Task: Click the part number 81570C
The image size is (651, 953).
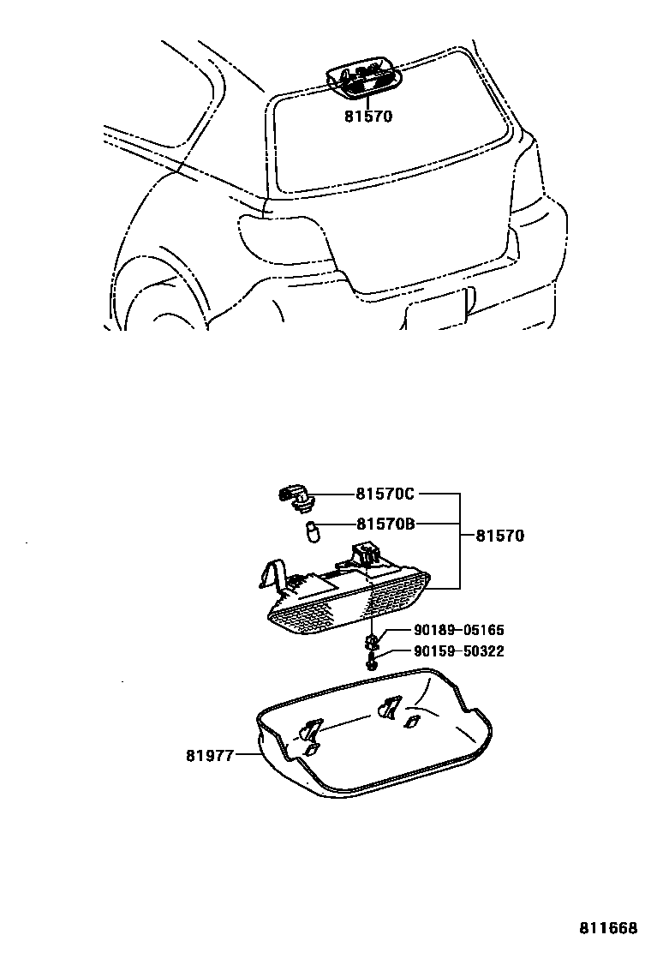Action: click(x=385, y=494)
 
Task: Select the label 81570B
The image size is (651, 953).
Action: click(x=385, y=524)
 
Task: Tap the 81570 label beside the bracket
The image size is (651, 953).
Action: click(x=499, y=536)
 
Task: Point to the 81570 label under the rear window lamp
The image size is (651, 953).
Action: click(x=368, y=116)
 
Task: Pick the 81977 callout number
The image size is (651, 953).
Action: click(x=209, y=756)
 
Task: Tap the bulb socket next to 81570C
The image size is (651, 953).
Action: click(x=296, y=495)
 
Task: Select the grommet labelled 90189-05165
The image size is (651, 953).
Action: click(x=373, y=641)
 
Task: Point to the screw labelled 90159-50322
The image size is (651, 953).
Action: click(x=372, y=662)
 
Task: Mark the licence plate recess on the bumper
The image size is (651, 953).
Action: click(x=437, y=313)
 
